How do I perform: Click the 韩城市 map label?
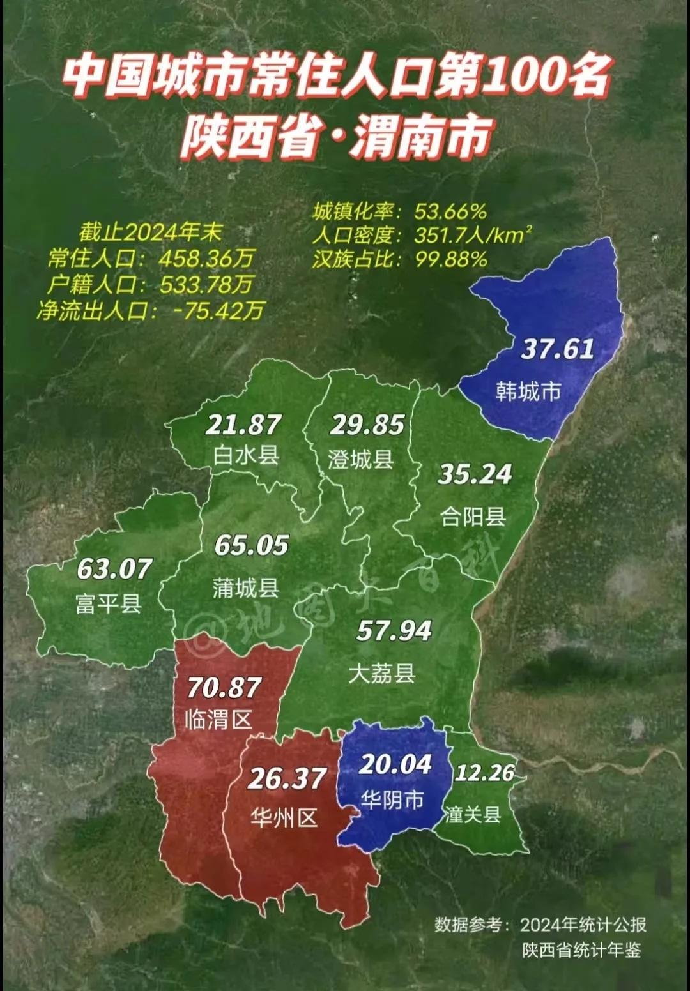point(528,391)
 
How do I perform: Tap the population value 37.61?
point(558,349)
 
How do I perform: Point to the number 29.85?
point(368,425)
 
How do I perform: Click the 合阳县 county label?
point(473,516)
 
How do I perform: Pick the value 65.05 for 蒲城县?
point(251,545)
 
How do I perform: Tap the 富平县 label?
point(108,603)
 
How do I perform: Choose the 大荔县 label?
point(382,672)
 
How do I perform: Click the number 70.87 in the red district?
point(224,688)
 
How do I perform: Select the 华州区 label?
point(284,818)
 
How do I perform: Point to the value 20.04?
point(395,764)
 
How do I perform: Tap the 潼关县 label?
point(473,814)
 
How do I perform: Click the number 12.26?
point(484,773)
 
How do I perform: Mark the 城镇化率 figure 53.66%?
point(450,211)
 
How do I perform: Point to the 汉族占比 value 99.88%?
point(450,259)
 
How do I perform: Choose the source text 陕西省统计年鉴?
point(581,950)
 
